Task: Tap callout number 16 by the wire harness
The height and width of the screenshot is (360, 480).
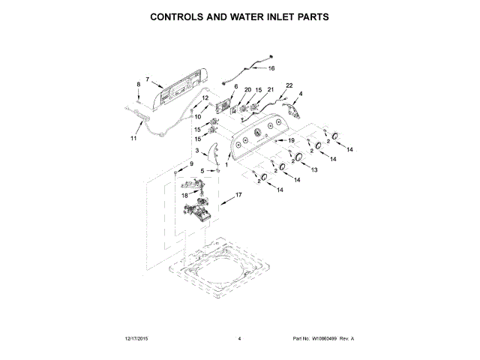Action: point(271,68)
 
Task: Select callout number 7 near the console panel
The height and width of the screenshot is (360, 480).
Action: point(148,79)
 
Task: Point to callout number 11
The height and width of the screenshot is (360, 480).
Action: point(134,138)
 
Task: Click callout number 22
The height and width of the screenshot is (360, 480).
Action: point(289,85)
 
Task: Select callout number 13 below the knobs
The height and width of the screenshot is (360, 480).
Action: point(314,170)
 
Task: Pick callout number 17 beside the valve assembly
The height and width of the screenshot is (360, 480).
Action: point(239,195)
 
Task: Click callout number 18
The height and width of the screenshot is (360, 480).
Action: point(184,195)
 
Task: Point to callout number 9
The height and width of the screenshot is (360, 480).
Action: point(190,163)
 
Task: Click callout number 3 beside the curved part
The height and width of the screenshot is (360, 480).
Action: point(197,151)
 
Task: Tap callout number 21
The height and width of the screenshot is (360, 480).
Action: point(271,90)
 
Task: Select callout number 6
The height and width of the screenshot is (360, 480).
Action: point(235,87)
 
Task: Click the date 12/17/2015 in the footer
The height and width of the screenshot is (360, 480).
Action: point(132,339)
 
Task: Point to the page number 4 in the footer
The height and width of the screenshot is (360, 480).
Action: point(239,339)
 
